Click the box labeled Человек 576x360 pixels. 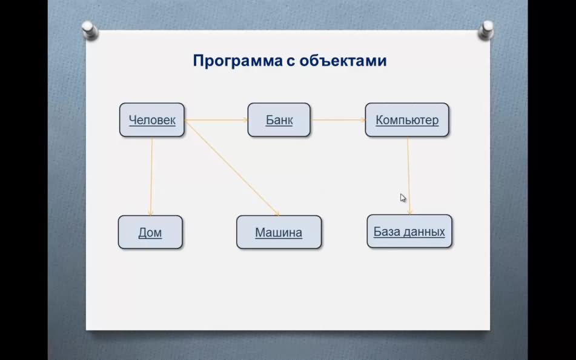(x=151, y=120)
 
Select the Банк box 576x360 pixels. (x=279, y=120)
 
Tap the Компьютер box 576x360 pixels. (x=407, y=120)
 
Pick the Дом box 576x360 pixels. (x=150, y=232)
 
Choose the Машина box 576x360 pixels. (x=279, y=232)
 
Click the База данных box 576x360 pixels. (x=409, y=232)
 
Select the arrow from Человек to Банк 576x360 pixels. (x=216, y=120)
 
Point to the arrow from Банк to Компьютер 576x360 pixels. (x=338, y=120)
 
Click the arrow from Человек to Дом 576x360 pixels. (x=151, y=176)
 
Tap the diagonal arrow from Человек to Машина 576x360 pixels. (x=233, y=168)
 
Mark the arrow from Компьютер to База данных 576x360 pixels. (x=409, y=176)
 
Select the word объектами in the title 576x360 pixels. (x=343, y=61)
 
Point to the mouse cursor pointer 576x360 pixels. (x=403, y=198)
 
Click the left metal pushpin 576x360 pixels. (x=89, y=30)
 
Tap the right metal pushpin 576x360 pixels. (x=486, y=30)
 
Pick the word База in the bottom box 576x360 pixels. (x=384, y=232)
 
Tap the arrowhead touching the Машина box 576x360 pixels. (x=277, y=214)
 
